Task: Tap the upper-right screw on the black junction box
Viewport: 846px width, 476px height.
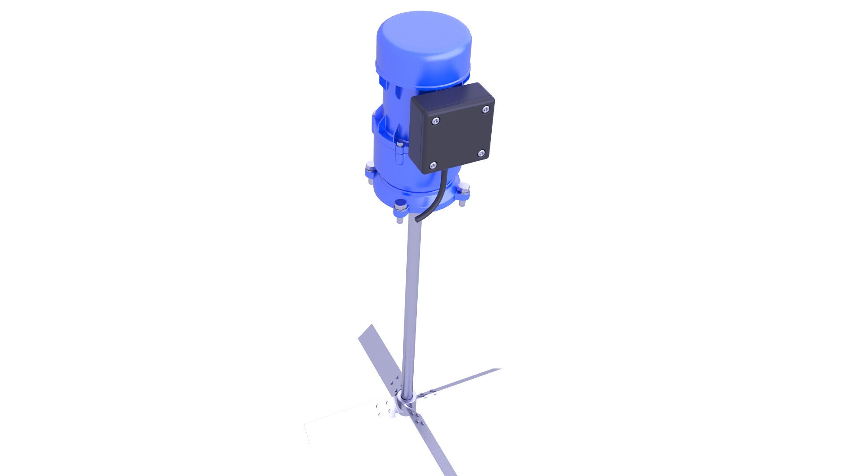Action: click(486, 109)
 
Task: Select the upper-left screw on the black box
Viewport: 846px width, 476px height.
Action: click(436, 120)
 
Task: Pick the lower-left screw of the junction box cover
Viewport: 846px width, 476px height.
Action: click(433, 165)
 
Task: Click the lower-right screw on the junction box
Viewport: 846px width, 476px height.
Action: click(481, 153)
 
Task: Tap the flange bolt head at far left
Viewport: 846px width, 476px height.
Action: click(370, 166)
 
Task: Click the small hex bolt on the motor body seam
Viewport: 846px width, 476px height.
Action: click(400, 144)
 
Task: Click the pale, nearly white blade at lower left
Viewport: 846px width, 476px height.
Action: click(335, 423)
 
